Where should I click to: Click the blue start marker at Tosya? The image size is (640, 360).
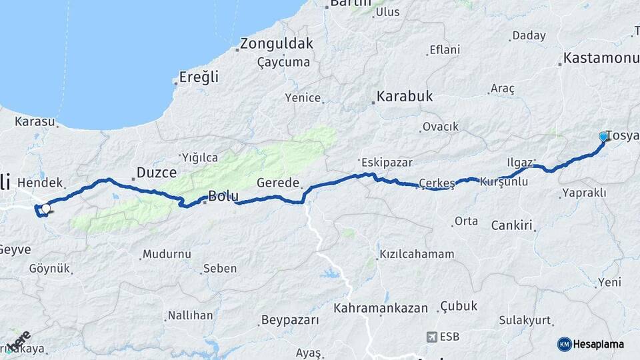tap(603, 136)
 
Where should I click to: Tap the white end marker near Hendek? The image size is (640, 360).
tap(45, 209)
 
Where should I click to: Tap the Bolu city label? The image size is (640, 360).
tap(223, 196)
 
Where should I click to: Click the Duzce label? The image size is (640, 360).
tap(156, 173)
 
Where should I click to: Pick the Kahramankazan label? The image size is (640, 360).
tap(381, 308)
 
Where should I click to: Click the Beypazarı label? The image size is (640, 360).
tap(290, 320)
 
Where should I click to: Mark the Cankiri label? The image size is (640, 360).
tap(512, 225)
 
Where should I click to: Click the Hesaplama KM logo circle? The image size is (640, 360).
tap(564, 344)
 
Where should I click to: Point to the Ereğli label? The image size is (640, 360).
tap(199, 77)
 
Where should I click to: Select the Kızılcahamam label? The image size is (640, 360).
tap(417, 254)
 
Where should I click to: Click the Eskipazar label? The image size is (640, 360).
tap(387, 162)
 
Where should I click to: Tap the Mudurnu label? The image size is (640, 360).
tap(168, 254)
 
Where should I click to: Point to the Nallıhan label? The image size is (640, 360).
tap(190, 315)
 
